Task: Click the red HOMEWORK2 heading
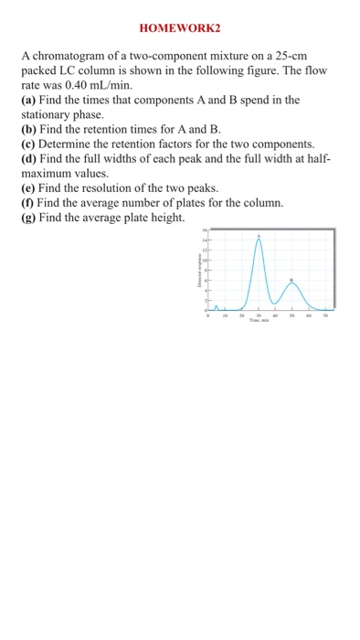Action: click(180, 28)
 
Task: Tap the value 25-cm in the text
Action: click(278, 57)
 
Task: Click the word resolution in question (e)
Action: click(119, 187)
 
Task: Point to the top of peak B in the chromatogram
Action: click(292, 283)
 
